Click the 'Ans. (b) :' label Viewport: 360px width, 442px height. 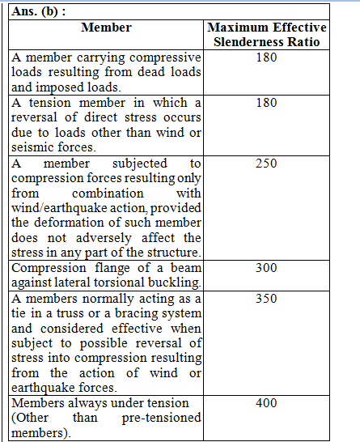point(38,12)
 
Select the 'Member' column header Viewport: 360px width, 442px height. point(106,28)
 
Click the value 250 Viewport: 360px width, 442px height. point(265,163)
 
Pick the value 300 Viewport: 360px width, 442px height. point(265,268)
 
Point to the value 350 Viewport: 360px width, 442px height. point(265,299)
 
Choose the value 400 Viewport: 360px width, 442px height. point(265,403)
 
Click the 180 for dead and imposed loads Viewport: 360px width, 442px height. point(265,58)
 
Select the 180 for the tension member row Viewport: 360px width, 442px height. point(265,103)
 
